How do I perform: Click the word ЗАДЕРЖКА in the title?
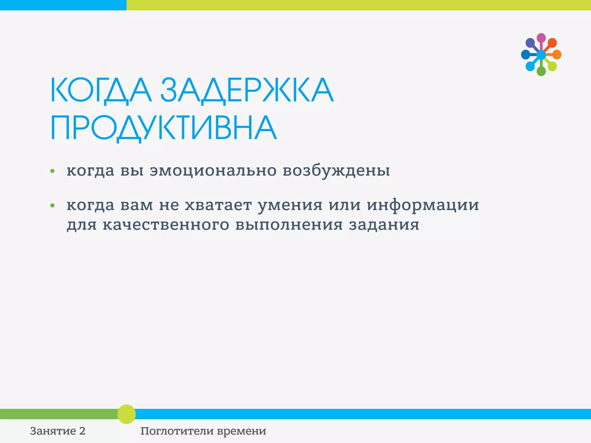pos(247,90)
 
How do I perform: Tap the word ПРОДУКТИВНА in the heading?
pos(164,128)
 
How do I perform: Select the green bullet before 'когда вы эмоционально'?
pos(52,171)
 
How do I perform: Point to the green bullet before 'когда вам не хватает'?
pos(52,206)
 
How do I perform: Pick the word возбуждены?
pos(336,170)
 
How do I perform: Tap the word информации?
pos(423,205)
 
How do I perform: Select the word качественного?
pos(166,225)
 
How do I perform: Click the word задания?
pos(384,225)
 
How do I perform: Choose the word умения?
pos(290,205)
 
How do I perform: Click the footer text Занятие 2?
pos(58,431)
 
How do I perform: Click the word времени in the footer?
pos(242,431)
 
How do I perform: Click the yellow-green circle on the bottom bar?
pos(126,414)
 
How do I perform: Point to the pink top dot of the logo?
pos(541,38)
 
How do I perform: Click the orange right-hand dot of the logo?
pos(557,55)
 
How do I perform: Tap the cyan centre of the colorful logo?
pos(541,55)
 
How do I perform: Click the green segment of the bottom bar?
pos(58,414)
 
